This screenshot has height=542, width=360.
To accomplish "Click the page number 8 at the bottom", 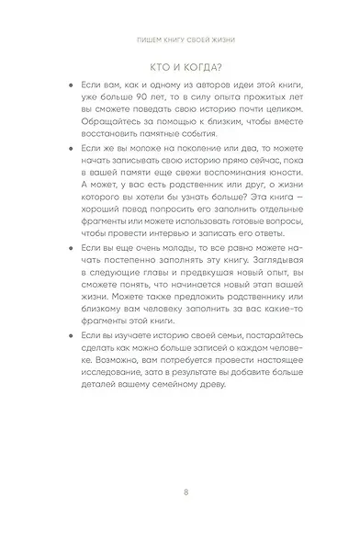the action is click(185, 492).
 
